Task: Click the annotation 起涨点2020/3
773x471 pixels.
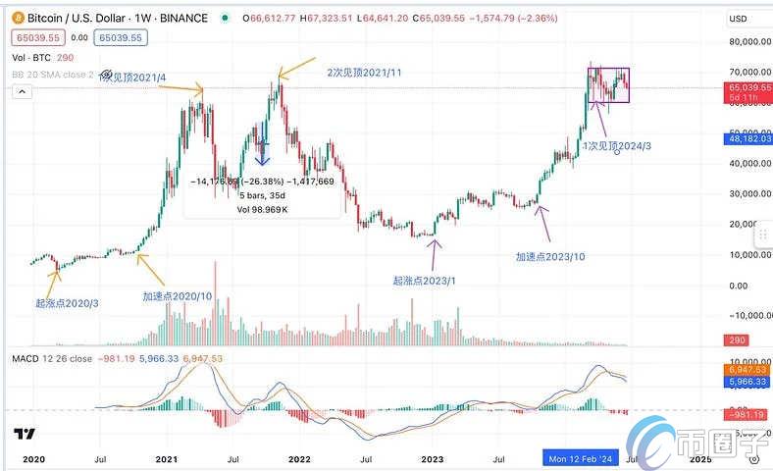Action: tap(69, 303)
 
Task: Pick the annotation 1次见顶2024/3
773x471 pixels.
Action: tap(617, 145)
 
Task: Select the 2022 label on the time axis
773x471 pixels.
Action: tap(299, 458)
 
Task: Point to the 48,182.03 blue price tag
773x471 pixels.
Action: tap(749, 139)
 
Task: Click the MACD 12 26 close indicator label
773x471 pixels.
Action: tap(51, 359)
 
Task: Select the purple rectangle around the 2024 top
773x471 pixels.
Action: tap(607, 84)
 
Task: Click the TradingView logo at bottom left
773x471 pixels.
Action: tap(26, 435)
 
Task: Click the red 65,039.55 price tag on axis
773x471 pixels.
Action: tap(750, 87)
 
